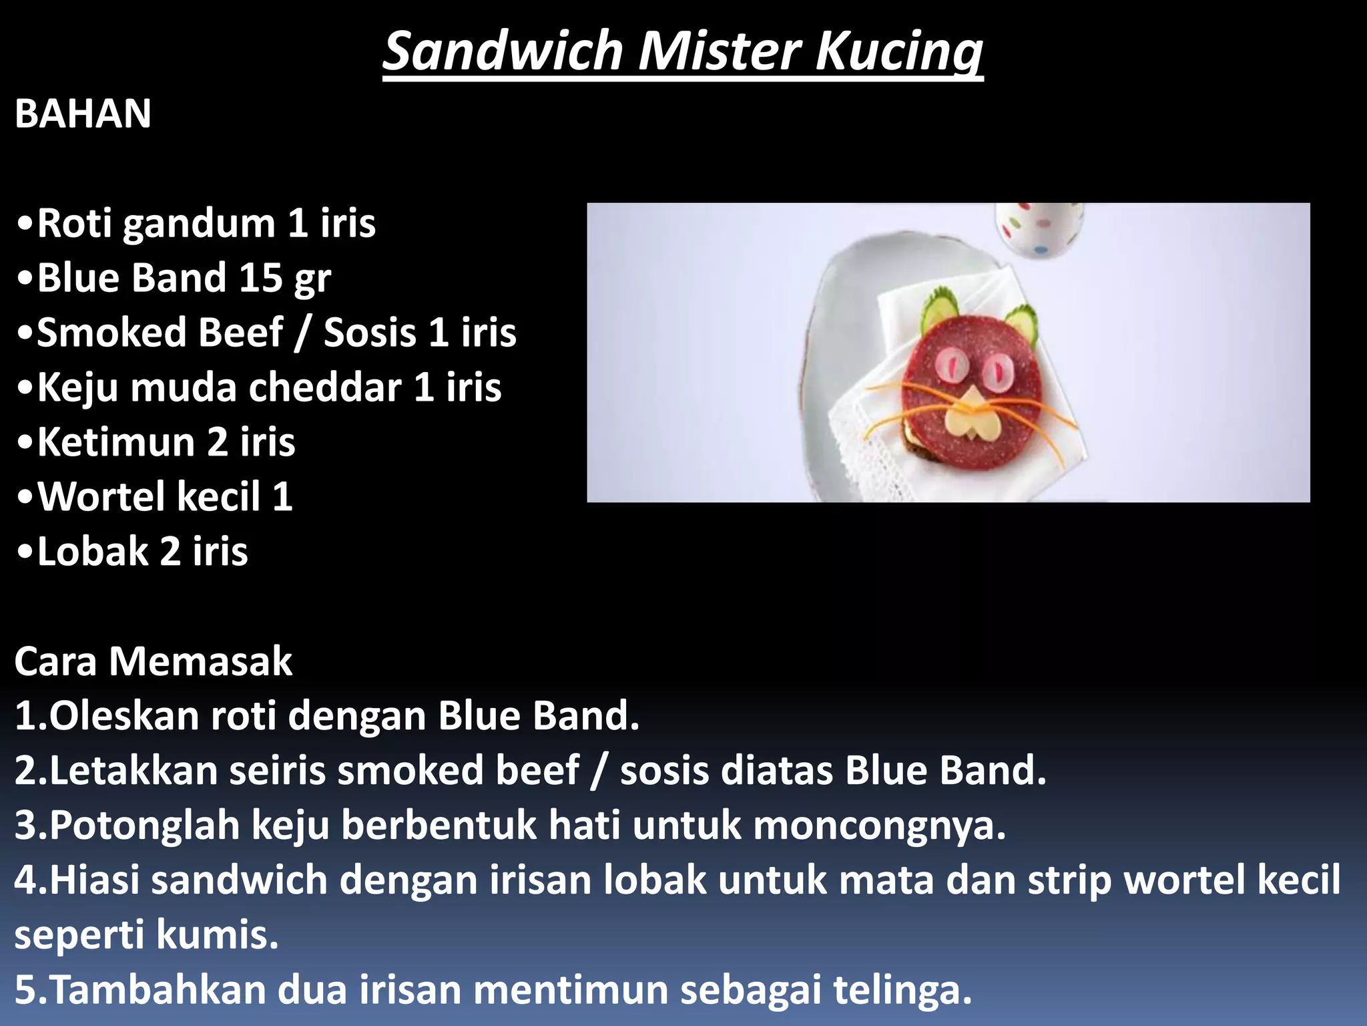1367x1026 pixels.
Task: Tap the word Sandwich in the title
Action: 503,52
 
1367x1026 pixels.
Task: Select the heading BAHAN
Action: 83,114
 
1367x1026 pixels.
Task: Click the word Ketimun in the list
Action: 115,442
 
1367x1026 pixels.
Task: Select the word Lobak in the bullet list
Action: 92,552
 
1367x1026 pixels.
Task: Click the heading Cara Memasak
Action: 153,662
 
